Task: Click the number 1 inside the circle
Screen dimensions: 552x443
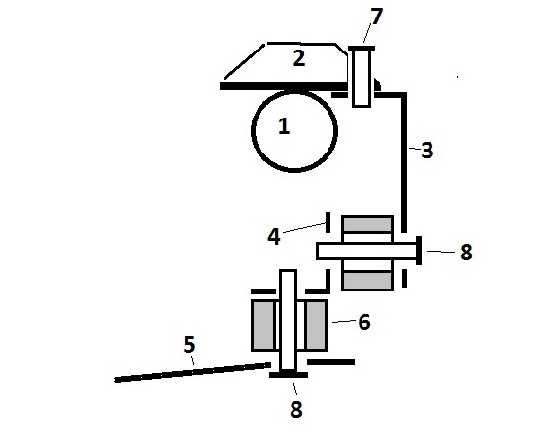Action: tap(284, 126)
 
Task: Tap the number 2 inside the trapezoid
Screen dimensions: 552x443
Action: tap(299, 58)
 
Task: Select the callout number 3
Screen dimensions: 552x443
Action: tap(427, 151)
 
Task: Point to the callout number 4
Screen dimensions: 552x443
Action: tap(274, 236)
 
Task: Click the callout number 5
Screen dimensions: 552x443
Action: tap(190, 345)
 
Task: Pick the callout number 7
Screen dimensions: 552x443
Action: tap(376, 17)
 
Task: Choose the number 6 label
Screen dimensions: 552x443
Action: tap(364, 322)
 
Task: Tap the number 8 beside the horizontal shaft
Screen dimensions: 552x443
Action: tap(466, 252)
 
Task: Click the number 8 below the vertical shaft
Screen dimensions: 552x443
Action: tap(296, 409)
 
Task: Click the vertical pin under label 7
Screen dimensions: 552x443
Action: tap(362, 78)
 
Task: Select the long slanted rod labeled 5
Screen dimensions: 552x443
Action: tap(192, 372)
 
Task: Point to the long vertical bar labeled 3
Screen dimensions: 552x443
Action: tap(404, 163)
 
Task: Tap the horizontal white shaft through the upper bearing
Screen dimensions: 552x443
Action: tap(366, 252)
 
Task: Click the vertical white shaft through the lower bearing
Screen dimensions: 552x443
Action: tap(288, 321)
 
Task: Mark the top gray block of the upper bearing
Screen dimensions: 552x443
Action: tap(367, 224)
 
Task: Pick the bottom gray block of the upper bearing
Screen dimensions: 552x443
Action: tap(367, 281)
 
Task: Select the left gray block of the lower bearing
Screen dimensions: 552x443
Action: tap(263, 325)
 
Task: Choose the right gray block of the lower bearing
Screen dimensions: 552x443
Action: tap(316, 325)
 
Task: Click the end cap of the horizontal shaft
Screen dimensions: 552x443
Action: tap(419, 251)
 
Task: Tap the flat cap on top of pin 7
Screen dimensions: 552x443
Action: tap(362, 49)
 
